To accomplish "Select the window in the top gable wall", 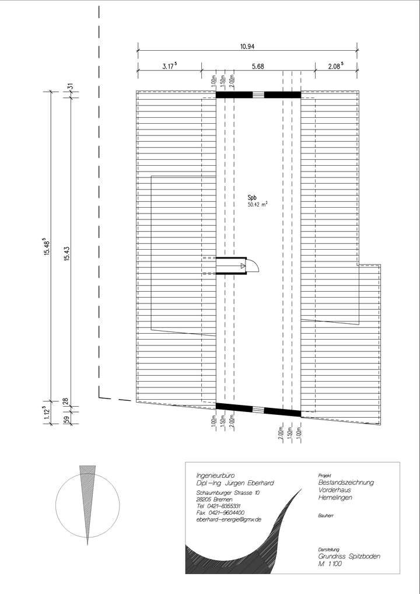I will [x=258, y=95].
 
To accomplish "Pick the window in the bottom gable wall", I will [x=258, y=409].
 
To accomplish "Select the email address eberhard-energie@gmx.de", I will [x=229, y=519].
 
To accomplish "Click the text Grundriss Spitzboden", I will [x=349, y=557].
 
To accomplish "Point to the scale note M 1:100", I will [x=330, y=565].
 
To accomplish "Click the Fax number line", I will [x=220, y=512].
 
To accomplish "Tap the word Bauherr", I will [x=326, y=516].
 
